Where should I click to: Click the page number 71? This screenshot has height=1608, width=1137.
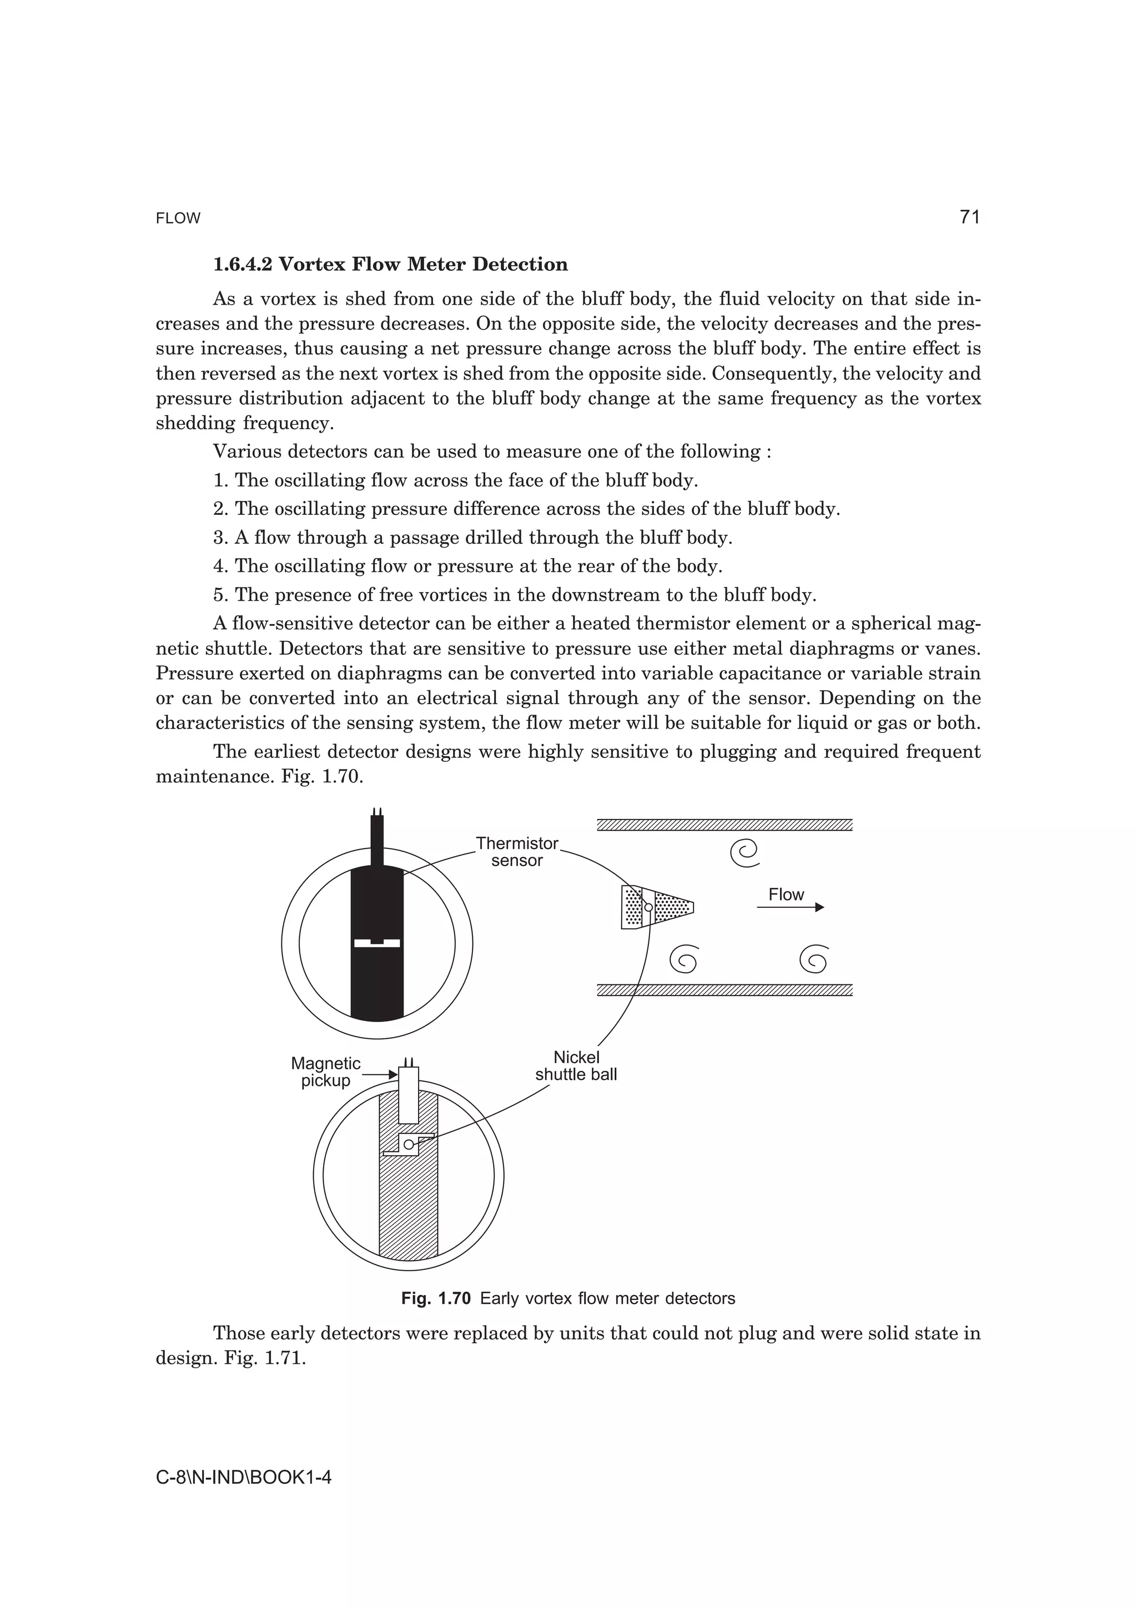click(x=969, y=217)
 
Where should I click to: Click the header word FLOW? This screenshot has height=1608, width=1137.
click(x=178, y=219)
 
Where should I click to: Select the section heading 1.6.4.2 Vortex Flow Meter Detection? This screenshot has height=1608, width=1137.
click(x=390, y=264)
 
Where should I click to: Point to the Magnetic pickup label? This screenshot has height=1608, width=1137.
click(x=326, y=1071)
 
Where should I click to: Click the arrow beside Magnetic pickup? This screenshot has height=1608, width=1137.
click(x=379, y=1074)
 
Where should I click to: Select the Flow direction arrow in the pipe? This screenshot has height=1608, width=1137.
click(x=790, y=907)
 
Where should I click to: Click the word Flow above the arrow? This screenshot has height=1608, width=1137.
click(x=786, y=894)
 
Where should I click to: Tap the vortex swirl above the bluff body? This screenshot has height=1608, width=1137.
click(x=744, y=852)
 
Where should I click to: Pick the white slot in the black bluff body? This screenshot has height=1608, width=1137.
click(x=377, y=943)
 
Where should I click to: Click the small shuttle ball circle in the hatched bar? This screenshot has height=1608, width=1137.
click(x=409, y=1144)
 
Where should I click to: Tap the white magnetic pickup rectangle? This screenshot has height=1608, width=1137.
click(x=409, y=1095)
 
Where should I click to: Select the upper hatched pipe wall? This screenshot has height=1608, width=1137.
click(x=725, y=825)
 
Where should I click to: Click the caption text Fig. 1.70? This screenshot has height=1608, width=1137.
click(x=436, y=1298)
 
